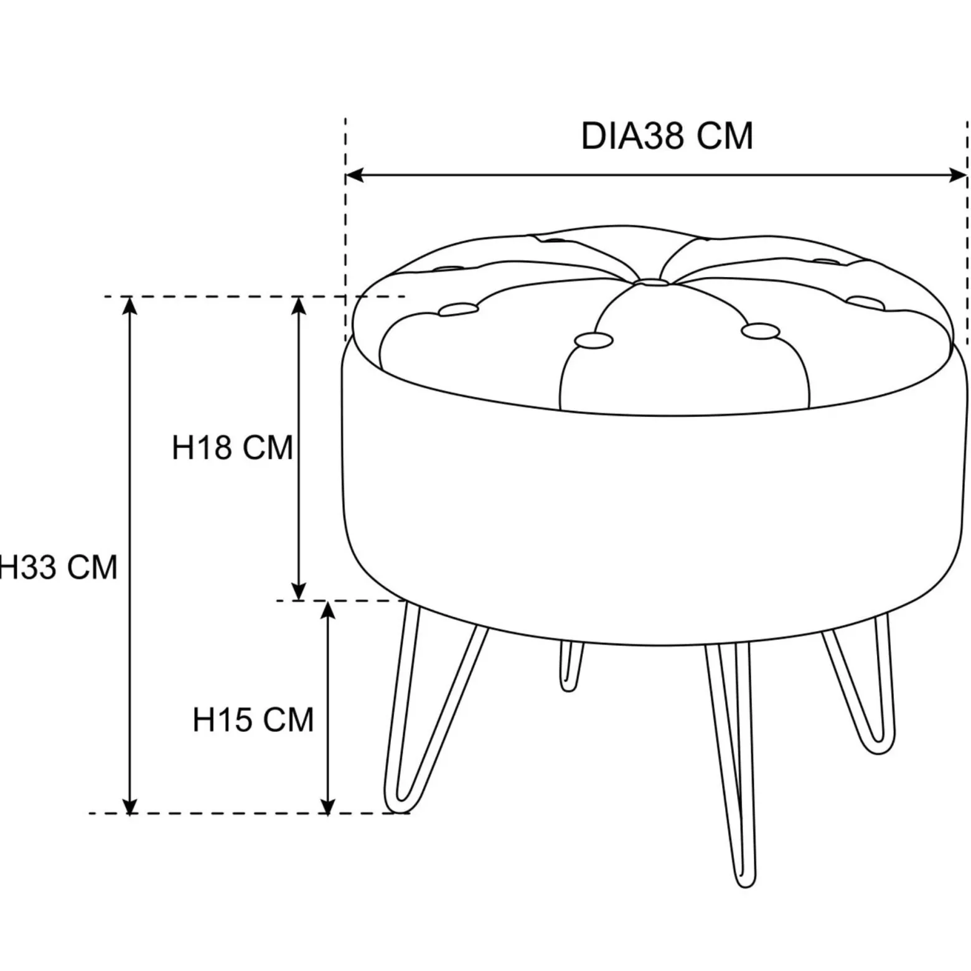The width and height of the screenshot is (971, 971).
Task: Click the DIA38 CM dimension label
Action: click(667, 136)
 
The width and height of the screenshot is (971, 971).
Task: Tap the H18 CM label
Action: click(232, 448)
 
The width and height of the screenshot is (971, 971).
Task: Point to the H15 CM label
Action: click(253, 720)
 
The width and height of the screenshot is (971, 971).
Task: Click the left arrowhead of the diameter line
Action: click(354, 176)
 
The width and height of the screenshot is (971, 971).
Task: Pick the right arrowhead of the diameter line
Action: click(958, 176)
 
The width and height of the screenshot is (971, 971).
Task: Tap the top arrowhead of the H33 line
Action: click(129, 306)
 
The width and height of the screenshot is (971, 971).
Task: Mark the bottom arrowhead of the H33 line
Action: click(129, 804)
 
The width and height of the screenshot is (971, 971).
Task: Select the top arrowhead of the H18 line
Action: click(299, 306)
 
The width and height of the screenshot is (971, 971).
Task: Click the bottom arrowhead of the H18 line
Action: click(299, 591)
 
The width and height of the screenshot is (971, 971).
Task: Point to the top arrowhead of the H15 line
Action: click(327, 610)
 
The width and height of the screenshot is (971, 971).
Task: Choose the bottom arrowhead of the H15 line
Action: click(327, 804)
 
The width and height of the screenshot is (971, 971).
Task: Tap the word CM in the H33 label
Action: click(92, 568)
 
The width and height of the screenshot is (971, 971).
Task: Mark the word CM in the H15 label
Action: click(288, 720)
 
